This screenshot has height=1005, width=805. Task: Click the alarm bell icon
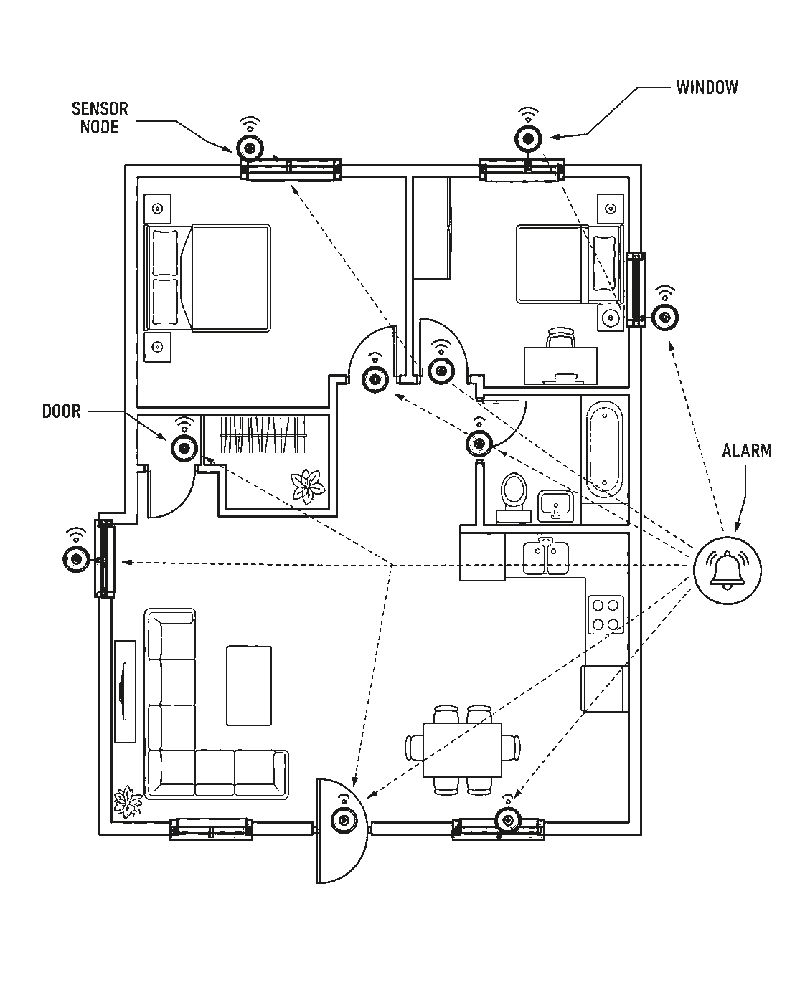[x=727, y=569]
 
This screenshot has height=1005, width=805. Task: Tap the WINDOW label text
[x=707, y=87]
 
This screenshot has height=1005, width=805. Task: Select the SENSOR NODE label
[x=100, y=118]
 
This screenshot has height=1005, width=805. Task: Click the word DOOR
[x=61, y=411]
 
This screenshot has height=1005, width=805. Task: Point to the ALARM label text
[x=747, y=451]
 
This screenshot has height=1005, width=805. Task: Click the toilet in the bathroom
[x=513, y=497]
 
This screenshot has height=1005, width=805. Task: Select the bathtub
[x=604, y=449]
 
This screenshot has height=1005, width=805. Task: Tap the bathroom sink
[x=555, y=506]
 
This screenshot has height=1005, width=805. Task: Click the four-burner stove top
[x=606, y=614]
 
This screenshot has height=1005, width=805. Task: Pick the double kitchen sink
[x=545, y=557]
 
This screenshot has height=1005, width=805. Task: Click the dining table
[x=462, y=750]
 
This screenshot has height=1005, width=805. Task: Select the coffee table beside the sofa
[x=249, y=685]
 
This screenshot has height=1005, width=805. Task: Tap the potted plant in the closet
[x=307, y=487]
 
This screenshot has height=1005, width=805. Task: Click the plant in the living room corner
[x=128, y=801]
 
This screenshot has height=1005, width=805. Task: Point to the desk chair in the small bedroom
[x=560, y=338]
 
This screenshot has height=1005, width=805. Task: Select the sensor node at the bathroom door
[x=479, y=442]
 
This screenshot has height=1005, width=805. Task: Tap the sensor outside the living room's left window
[x=76, y=558]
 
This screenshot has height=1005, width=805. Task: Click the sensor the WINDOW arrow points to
[x=528, y=138]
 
